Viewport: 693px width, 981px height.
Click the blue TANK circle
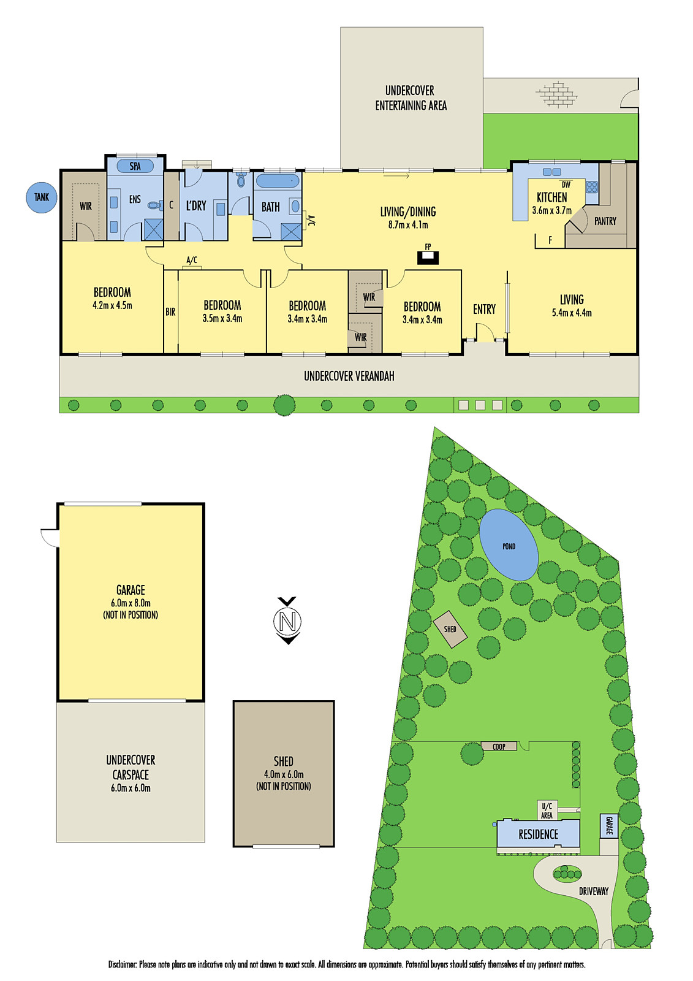(42, 197)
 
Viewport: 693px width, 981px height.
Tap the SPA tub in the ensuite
(135, 166)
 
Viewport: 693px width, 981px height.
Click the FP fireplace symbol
(428, 256)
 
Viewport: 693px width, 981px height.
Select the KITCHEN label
(551, 197)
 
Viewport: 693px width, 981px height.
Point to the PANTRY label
(605, 221)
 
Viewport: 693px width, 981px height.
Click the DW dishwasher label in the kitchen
(566, 185)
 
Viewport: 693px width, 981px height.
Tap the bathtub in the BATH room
(278, 181)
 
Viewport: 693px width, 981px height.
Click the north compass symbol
(287, 620)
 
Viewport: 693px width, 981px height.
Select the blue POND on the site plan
(509, 545)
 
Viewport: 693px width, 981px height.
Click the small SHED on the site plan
(450, 629)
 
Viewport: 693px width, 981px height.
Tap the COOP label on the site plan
(499, 746)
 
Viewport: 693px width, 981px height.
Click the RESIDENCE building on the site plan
(538, 834)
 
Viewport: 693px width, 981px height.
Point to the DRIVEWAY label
(593, 891)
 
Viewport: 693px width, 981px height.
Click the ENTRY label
(484, 310)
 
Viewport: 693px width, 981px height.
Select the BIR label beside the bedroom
(170, 312)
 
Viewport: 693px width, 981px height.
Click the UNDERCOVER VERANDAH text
(349, 376)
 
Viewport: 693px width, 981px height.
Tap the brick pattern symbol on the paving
(557, 94)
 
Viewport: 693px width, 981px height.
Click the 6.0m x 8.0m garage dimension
(131, 603)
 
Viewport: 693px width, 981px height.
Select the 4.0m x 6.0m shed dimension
(284, 774)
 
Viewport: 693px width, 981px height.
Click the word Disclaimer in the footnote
(122, 964)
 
